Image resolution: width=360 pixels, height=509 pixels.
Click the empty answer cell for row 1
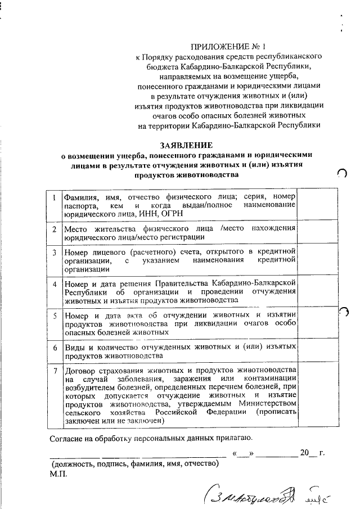pyautogui.click(x=318, y=205)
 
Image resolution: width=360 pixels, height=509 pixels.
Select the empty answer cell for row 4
pyautogui.click(x=318, y=291)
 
